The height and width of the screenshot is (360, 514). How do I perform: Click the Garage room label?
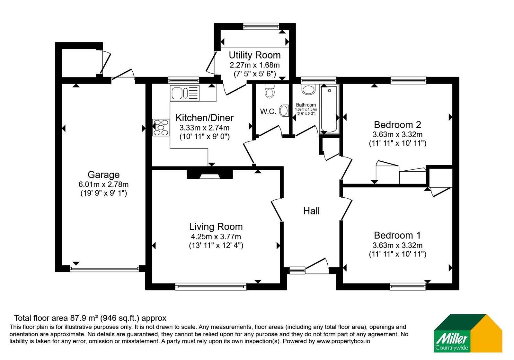point(103,175)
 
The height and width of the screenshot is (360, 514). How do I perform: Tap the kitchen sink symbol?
point(185,93)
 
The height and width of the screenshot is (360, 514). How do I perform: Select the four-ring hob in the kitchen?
point(161,127)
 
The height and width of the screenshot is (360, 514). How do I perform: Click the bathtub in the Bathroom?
point(329,109)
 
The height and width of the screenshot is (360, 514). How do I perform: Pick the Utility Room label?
point(255,55)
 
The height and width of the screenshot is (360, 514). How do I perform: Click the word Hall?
point(311,211)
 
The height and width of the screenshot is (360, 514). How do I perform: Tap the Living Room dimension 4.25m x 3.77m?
point(216,237)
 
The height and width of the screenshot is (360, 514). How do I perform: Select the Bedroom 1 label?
point(397,235)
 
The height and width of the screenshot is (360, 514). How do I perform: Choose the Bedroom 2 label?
point(397,125)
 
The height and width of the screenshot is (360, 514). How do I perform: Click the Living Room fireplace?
point(210,174)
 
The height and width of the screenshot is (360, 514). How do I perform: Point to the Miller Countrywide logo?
point(468,333)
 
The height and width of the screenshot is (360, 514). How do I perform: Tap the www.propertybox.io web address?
point(343,341)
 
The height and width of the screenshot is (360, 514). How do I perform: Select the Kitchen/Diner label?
point(204,118)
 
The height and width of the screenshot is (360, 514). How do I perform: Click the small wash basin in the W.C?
point(284,111)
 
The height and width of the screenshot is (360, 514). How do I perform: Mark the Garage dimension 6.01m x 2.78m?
point(103,184)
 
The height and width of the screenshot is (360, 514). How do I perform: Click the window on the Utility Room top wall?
point(261,26)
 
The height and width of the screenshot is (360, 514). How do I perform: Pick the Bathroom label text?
point(306,105)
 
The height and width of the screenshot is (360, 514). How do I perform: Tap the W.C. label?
point(268,112)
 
